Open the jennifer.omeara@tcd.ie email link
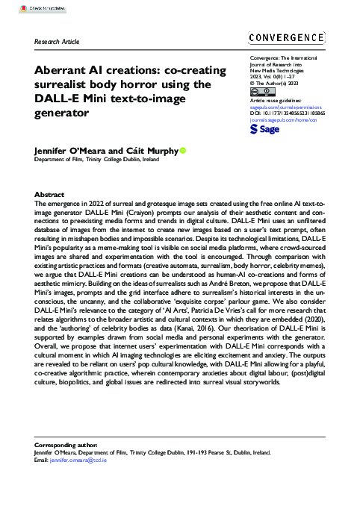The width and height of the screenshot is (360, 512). coord(79,461)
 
